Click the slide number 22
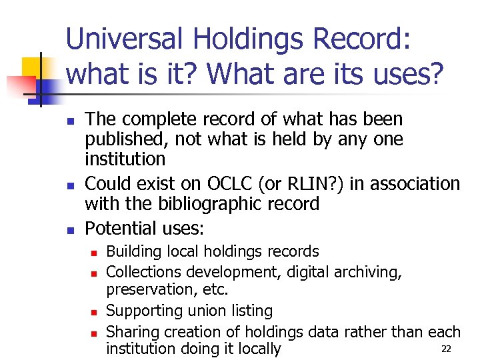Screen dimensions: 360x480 click(x=447, y=349)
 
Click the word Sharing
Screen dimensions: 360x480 click(x=131, y=331)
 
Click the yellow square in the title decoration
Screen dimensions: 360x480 click(x=31, y=66)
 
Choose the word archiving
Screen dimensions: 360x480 click(x=369, y=271)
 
